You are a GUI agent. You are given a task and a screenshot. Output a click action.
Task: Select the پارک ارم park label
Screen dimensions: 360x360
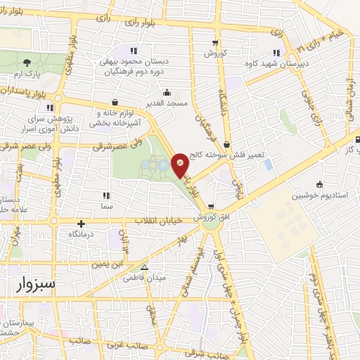point(27,74)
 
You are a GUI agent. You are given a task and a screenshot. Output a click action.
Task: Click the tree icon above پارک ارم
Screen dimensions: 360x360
point(27,63)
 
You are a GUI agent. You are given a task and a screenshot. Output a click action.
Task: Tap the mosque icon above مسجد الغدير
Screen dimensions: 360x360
point(167,91)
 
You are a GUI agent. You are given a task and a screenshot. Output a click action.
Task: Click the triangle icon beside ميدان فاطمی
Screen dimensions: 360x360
point(145,267)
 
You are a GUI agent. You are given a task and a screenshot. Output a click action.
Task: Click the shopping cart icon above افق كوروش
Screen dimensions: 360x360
point(211,207)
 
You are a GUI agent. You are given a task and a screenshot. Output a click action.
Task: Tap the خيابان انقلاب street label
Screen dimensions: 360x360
point(159,221)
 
